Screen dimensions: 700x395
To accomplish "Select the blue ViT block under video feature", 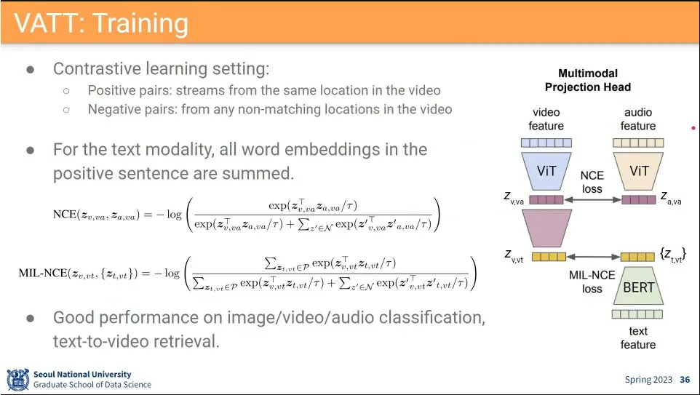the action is point(546,172).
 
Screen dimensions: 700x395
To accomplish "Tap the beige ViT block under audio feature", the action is point(638,172).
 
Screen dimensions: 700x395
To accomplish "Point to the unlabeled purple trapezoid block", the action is point(546,228).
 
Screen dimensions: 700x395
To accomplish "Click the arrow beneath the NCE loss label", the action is point(592,200).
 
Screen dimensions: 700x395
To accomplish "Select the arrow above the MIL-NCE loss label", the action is point(593,257).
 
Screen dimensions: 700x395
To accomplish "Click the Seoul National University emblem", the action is point(18,380).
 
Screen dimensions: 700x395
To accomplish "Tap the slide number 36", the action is point(685,380).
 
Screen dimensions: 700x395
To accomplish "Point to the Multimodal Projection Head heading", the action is point(588,80).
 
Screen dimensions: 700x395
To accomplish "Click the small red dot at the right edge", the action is point(693,128).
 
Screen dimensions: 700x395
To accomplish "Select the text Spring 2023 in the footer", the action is point(648,380).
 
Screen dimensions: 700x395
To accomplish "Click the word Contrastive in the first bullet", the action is point(97,68).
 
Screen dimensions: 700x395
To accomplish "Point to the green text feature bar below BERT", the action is point(637,314).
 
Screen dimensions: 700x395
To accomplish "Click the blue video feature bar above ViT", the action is point(546,143).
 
